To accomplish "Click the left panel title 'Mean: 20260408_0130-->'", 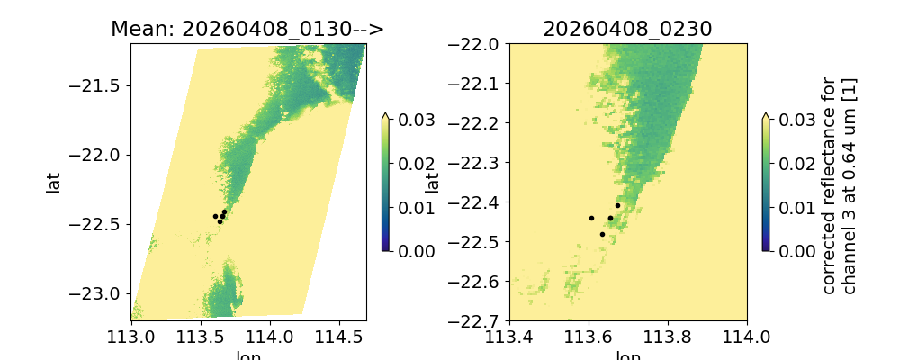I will (247, 29).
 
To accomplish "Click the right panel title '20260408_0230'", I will (627, 29).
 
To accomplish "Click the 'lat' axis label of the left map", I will (54, 182).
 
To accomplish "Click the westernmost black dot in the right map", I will (591, 218).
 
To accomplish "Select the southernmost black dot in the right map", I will (602, 234).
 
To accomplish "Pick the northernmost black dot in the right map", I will (617, 205).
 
